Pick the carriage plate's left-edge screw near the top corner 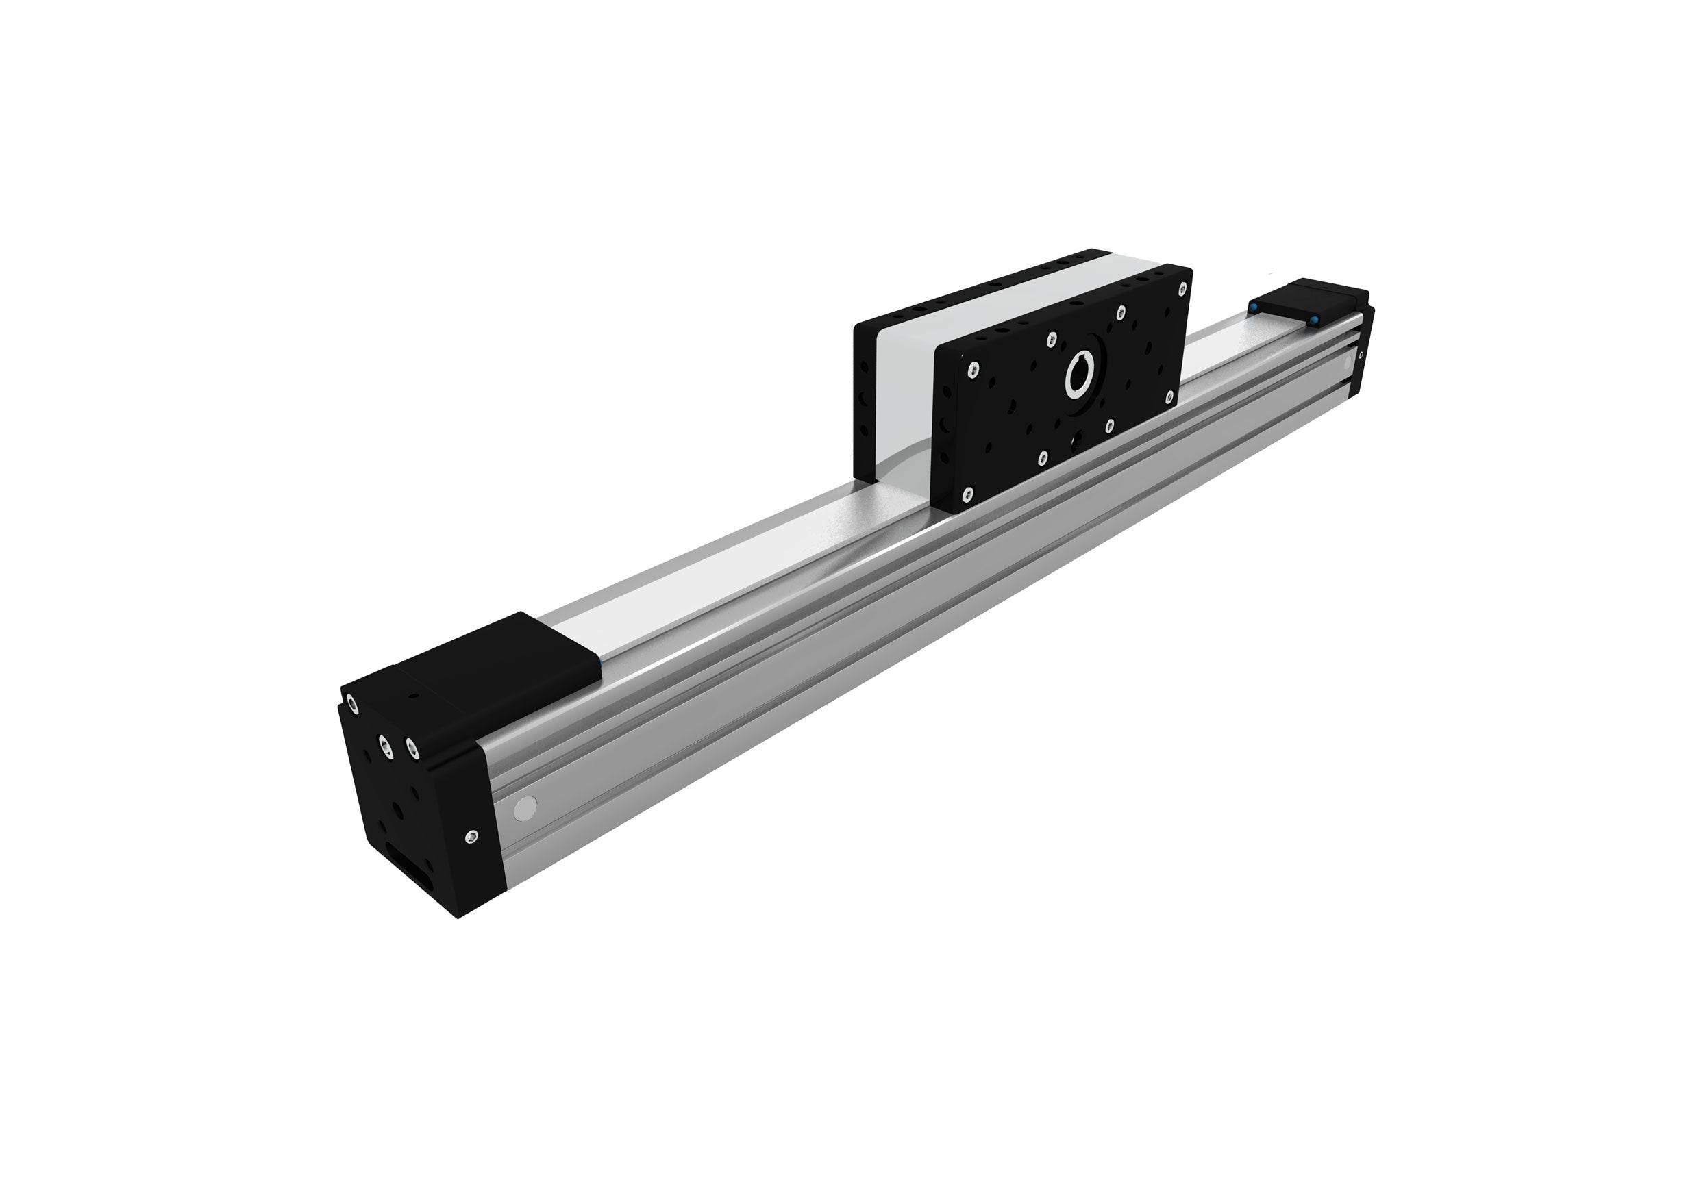(x=972, y=368)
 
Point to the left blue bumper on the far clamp (x=1255, y=305)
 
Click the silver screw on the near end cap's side (x=472, y=837)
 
